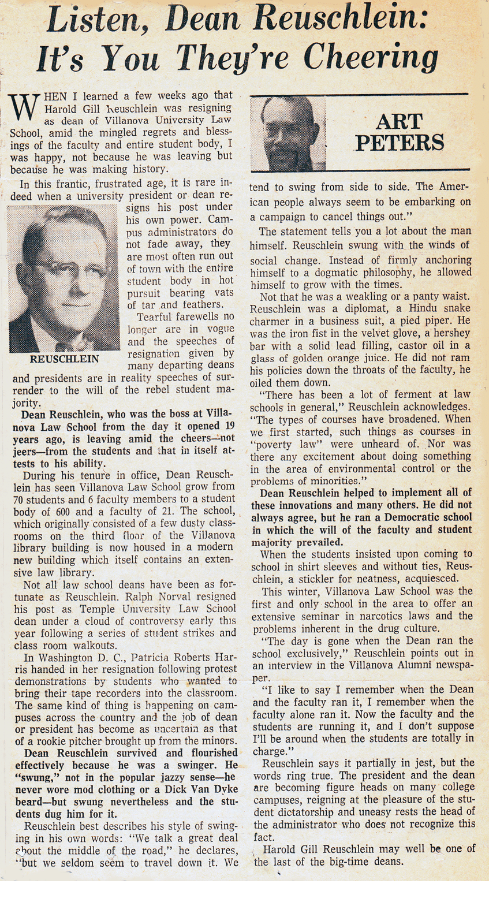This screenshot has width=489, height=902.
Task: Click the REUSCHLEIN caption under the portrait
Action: point(64,359)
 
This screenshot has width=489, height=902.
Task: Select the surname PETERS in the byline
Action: point(400,142)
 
